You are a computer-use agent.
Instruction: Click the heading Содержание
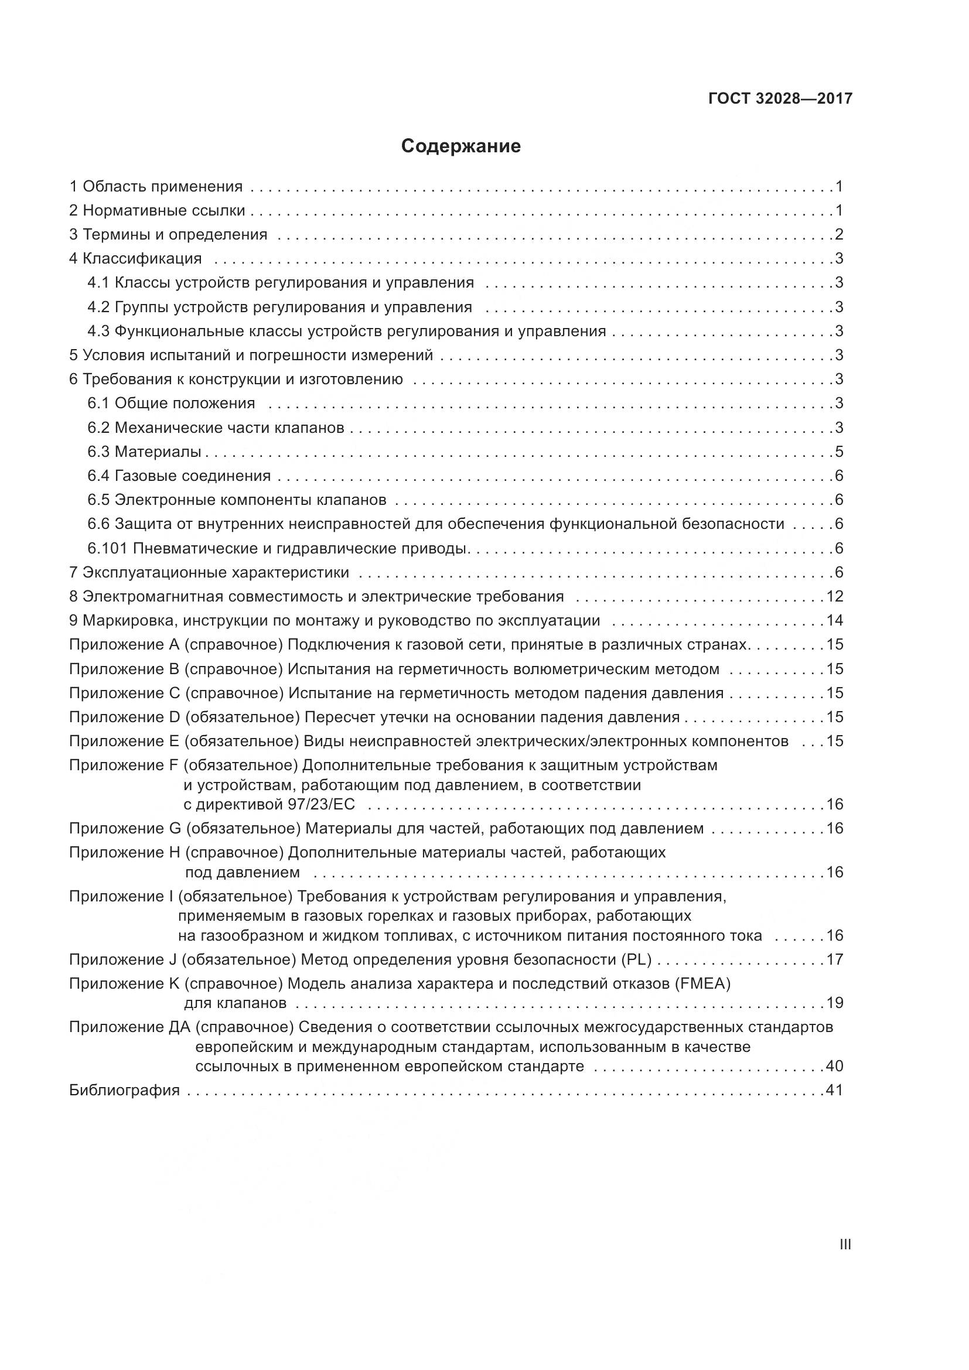(460, 146)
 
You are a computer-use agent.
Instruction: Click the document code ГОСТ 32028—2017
(780, 98)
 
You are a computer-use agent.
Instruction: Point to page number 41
(835, 1090)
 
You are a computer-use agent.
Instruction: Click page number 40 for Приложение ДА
(835, 1065)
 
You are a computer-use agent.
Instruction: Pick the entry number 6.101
(107, 548)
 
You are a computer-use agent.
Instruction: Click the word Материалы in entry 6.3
(158, 452)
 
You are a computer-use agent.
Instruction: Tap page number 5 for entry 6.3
(839, 452)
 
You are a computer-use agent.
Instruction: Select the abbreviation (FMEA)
(702, 983)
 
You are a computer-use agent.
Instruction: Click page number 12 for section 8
(835, 596)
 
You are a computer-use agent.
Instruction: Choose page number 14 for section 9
(835, 620)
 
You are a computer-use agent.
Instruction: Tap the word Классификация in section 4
(142, 258)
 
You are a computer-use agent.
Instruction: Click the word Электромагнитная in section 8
(152, 596)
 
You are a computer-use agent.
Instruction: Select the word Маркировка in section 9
(129, 620)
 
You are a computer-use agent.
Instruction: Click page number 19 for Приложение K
(835, 1002)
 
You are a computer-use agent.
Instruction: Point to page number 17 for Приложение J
(835, 959)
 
